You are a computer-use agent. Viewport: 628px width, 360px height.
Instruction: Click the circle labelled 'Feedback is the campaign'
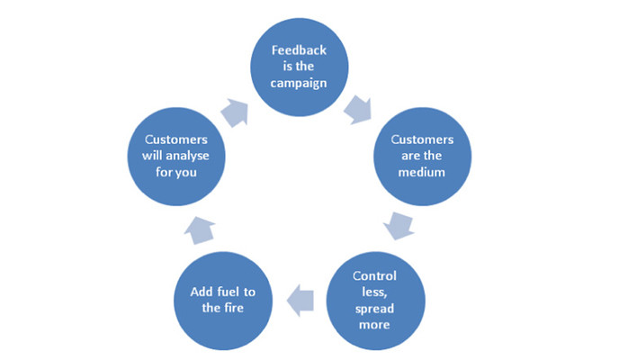300,67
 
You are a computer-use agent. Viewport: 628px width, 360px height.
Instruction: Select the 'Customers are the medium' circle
423,157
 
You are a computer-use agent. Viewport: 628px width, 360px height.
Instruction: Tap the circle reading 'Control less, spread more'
376,301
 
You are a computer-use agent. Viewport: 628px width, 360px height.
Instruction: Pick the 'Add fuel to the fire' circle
223,301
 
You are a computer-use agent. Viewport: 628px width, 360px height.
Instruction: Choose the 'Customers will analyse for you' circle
176,157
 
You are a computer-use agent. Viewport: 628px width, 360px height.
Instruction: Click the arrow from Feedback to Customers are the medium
358,109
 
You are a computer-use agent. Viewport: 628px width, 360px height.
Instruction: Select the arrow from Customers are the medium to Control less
399,226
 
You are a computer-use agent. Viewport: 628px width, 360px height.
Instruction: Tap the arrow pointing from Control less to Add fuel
301,301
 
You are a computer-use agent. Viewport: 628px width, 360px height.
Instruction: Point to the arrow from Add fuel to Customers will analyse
200,230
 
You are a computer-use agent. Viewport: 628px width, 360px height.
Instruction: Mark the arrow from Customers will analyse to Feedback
235,112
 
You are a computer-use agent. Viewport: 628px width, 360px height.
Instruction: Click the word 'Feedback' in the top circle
299,50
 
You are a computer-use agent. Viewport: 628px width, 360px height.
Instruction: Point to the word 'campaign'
299,84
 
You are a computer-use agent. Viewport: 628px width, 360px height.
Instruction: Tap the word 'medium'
421,172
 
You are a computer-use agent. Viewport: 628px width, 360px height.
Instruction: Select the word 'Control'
374,275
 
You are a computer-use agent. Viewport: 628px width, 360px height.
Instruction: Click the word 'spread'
374,309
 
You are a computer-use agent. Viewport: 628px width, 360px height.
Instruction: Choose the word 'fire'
234,308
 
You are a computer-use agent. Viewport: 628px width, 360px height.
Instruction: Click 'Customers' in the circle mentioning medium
422,139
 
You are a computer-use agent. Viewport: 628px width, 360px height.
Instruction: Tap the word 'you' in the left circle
186,173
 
